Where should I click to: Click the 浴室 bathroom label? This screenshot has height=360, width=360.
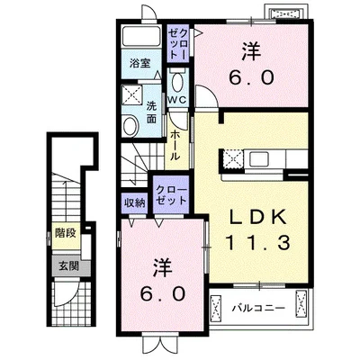[x=139, y=64]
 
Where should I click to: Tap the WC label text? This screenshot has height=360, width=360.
[x=177, y=100]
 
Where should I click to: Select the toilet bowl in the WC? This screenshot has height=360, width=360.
[x=177, y=82]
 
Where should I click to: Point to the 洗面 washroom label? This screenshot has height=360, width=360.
[x=151, y=112]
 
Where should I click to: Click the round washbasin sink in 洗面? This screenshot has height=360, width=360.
[x=130, y=126]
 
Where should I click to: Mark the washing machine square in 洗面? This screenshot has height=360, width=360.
[x=131, y=95]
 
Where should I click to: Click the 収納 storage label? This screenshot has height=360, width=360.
[x=135, y=203]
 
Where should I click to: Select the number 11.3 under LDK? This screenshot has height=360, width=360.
[x=258, y=243]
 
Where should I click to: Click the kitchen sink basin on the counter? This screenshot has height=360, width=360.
[x=258, y=158]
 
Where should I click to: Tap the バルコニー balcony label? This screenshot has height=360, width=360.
[x=258, y=308]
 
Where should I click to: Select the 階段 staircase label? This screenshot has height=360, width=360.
[x=66, y=233]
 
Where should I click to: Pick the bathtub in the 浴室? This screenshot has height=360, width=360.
[x=141, y=37]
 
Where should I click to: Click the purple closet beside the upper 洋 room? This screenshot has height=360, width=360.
[x=178, y=43]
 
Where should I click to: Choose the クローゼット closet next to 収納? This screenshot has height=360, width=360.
[x=171, y=195]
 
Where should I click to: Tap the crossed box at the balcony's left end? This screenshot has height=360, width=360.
[x=215, y=308]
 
